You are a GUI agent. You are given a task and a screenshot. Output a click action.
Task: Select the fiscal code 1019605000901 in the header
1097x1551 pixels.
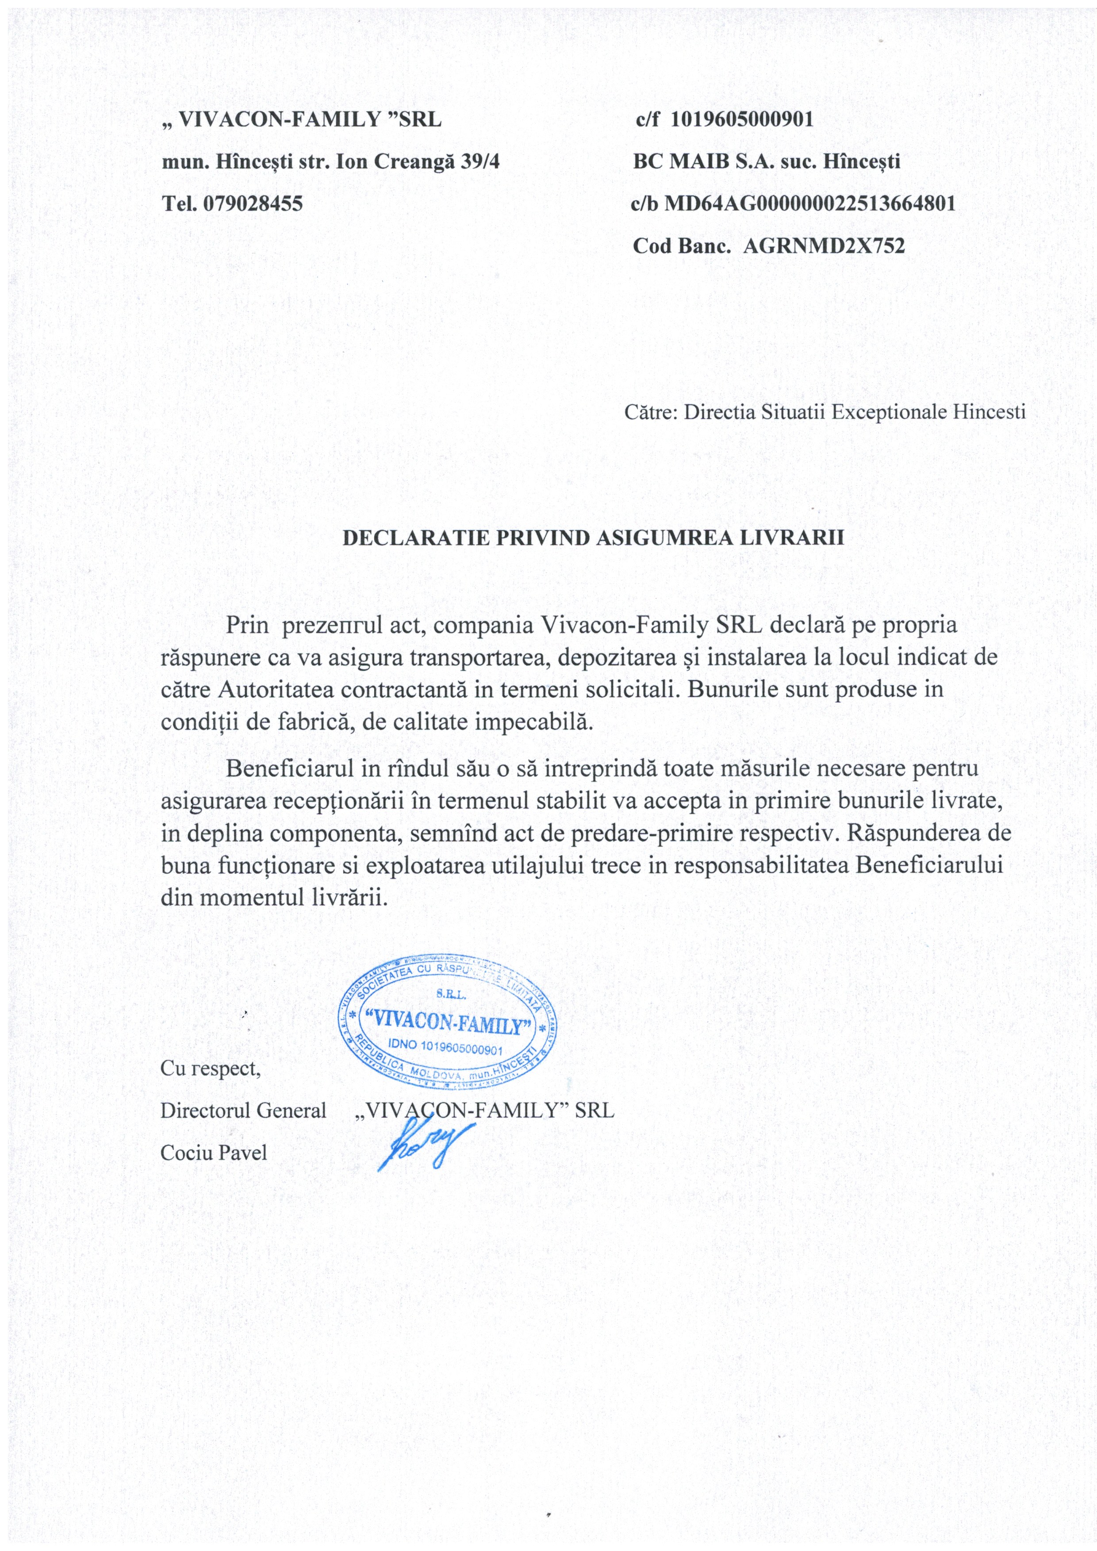click(742, 119)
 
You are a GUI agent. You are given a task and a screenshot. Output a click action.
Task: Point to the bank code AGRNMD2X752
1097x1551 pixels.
click(824, 246)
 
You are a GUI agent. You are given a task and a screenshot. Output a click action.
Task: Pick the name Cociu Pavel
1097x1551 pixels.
click(214, 1153)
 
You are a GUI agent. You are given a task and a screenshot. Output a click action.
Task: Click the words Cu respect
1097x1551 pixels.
click(210, 1070)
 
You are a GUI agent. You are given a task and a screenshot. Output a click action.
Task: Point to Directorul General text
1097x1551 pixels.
click(243, 1111)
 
